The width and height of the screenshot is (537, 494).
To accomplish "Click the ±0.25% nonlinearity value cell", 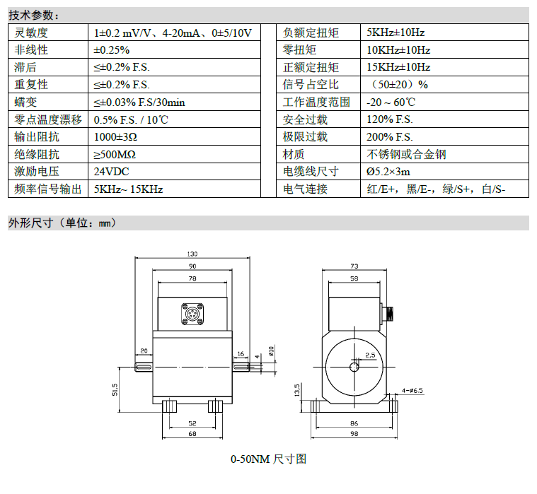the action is pyautogui.click(x=112, y=50).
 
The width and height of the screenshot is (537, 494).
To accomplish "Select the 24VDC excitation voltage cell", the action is pyautogui.click(x=111, y=172).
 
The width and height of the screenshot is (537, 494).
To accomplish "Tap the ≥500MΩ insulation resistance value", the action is pyautogui.click(x=115, y=154).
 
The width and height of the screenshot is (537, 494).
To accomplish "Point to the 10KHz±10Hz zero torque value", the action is pyautogui.click(x=398, y=50).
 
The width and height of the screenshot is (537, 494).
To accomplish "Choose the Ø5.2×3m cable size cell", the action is pyautogui.click(x=388, y=172).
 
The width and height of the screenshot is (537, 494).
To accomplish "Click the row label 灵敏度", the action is pyautogui.click(x=31, y=33).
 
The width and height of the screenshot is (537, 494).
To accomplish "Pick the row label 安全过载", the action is pyautogui.click(x=305, y=119).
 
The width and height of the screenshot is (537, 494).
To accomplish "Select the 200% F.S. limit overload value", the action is pyautogui.click(x=390, y=137).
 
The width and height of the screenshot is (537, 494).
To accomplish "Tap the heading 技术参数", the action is pyautogui.click(x=33, y=16).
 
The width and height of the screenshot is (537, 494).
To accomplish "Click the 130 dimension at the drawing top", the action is pyautogui.click(x=192, y=254).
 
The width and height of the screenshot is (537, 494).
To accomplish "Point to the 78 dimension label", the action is pyautogui.click(x=192, y=278).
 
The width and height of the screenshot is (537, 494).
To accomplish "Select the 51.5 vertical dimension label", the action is pyautogui.click(x=115, y=389).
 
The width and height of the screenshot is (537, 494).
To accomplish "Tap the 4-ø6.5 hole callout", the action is pyautogui.click(x=412, y=390).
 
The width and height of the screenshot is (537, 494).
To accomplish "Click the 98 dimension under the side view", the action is pyautogui.click(x=354, y=434).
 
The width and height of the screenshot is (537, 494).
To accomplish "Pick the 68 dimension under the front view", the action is pyautogui.click(x=192, y=434).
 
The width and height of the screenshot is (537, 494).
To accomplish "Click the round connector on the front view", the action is pyautogui.click(x=192, y=314).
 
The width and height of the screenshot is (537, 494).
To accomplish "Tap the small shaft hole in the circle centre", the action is pyautogui.click(x=354, y=367).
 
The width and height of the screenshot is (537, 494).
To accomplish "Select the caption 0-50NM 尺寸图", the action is pyautogui.click(x=269, y=459).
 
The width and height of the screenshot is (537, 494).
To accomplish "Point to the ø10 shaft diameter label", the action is pyautogui.click(x=271, y=351).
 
